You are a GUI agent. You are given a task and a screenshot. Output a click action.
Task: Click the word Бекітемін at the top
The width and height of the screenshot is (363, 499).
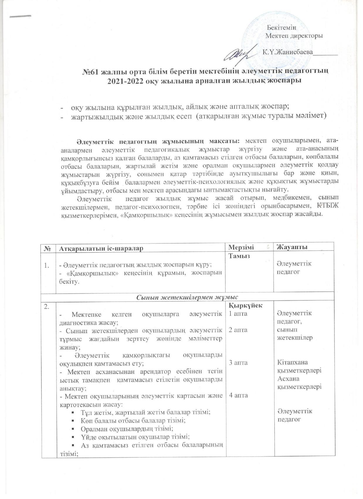click(x=282, y=28)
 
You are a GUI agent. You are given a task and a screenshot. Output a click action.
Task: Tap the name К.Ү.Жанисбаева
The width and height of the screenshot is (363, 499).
click(x=288, y=53)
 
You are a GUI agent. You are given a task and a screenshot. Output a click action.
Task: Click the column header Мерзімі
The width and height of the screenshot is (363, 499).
click(x=241, y=247)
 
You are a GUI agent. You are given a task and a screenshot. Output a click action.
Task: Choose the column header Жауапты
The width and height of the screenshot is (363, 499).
click(x=292, y=247)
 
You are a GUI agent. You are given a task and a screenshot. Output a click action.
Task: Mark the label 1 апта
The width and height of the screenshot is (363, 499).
click(x=238, y=314)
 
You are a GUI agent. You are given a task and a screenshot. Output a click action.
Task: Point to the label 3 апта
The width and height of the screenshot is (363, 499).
click(x=238, y=362)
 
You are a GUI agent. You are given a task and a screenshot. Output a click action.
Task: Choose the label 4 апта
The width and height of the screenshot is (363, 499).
click(x=238, y=395)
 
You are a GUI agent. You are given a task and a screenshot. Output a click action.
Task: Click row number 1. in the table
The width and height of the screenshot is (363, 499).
click(x=47, y=266)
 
